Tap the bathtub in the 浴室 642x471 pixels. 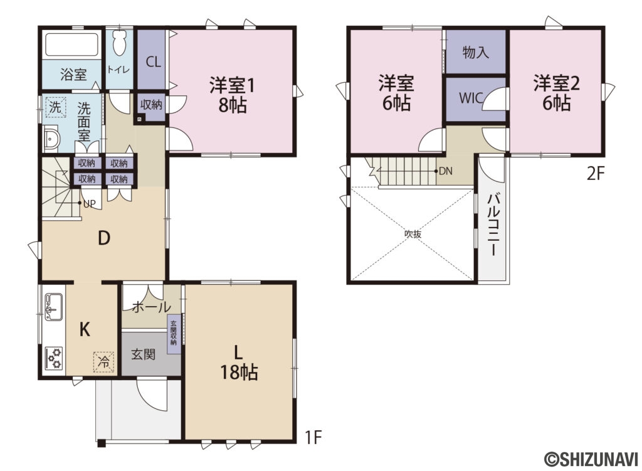point(72,46)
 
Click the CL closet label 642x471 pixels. point(152,61)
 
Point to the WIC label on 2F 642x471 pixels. point(471,98)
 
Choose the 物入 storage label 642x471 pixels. point(475,53)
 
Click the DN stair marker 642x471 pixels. point(446,171)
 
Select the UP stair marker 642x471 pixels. point(88,203)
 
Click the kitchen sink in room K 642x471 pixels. point(53,307)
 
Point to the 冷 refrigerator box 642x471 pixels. point(103,361)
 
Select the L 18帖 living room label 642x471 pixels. point(238,361)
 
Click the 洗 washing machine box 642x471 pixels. point(55,107)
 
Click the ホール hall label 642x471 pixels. point(151,307)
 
